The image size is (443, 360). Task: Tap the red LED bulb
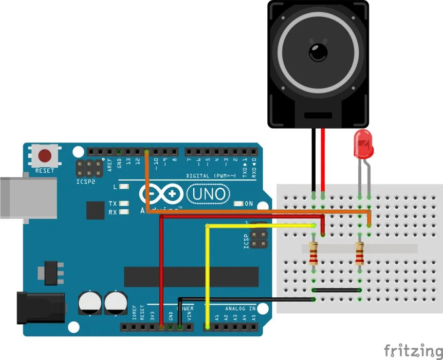click(x=363, y=145)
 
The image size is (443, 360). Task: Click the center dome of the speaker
click(x=318, y=51)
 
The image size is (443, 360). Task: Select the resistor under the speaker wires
click(x=314, y=254)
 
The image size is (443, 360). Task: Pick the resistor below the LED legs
click(x=359, y=254)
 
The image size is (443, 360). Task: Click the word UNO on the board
click(x=209, y=194)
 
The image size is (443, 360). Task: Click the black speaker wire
click(x=313, y=159)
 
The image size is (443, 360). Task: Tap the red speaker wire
click(x=323, y=159)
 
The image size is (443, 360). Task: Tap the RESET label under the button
click(x=45, y=170)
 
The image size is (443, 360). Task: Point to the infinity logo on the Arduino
click(x=161, y=194)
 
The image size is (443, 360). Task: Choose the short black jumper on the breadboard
click(x=337, y=290)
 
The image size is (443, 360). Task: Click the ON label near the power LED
click(x=249, y=204)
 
